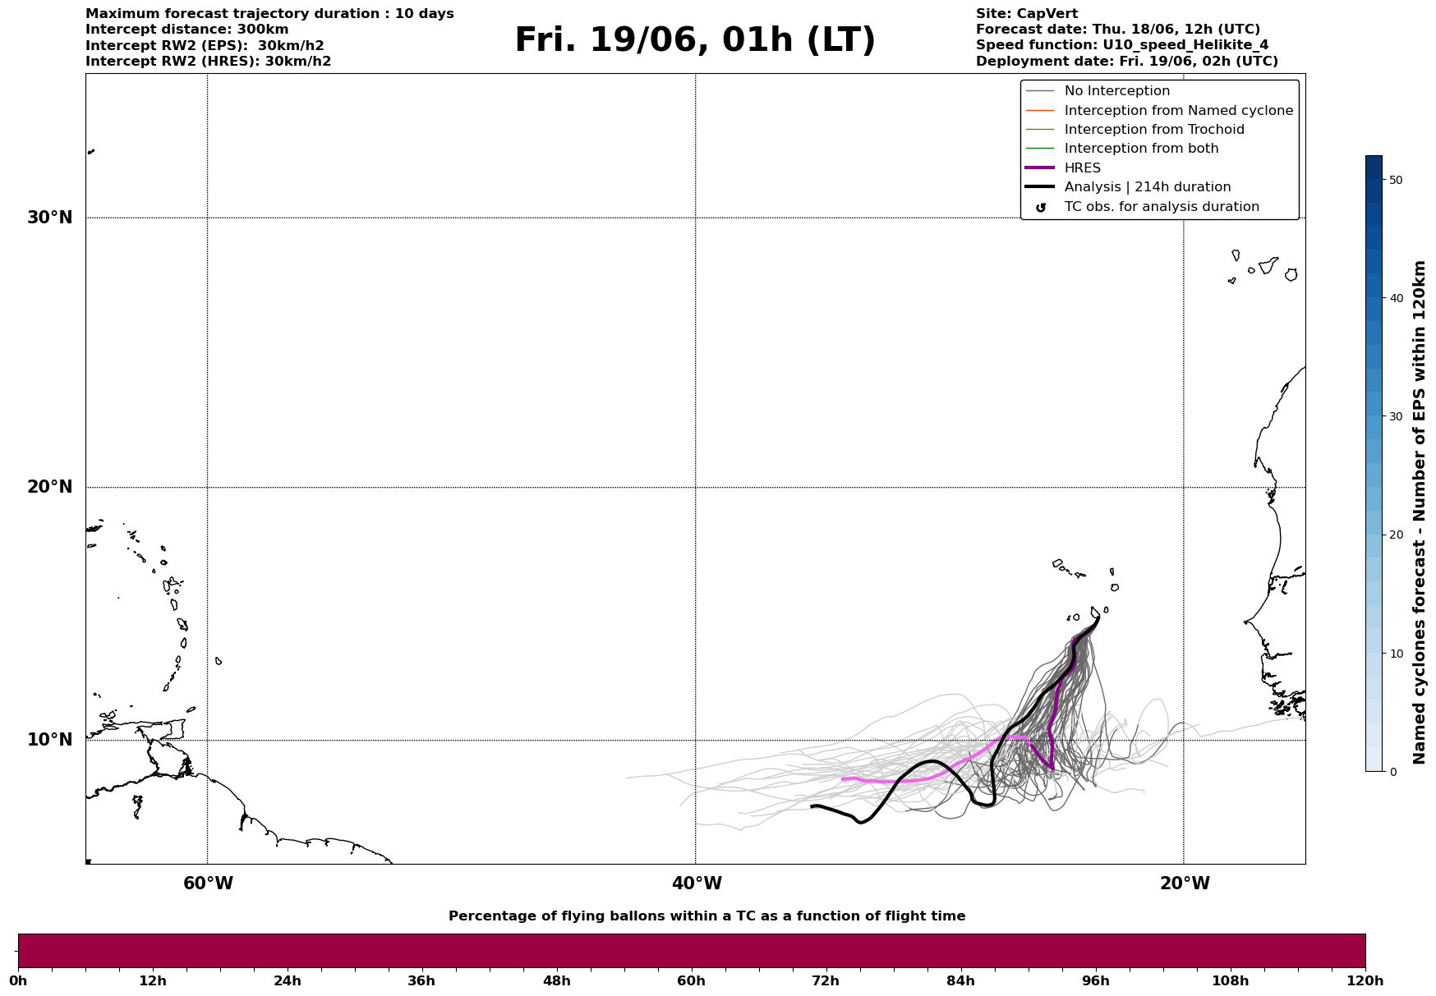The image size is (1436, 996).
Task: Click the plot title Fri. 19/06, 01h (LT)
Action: click(x=695, y=41)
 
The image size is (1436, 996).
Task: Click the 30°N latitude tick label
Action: click(x=50, y=218)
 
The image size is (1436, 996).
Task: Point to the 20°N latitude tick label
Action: click(x=50, y=487)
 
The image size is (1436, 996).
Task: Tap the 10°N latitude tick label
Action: click(x=50, y=740)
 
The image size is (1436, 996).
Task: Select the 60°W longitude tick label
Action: click(x=208, y=884)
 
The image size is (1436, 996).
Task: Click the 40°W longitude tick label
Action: click(x=697, y=884)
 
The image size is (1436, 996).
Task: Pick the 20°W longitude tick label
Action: click(x=1185, y=884)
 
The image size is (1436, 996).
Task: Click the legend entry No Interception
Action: click(x=1117, y=91)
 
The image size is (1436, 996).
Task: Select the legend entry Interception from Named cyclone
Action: click(x=1179, y=111)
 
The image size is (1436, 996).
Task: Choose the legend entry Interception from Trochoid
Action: click(x=1154, y=130)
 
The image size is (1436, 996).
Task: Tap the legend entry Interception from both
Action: click(x=1142, y=149)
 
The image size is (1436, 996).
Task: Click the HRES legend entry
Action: click(x=1083, y=168)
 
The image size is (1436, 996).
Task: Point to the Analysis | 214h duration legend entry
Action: click(x=1148, y=187)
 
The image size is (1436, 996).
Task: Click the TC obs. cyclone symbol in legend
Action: click(x=1041, y=208)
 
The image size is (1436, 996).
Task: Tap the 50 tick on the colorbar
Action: click(x=1394, y=180)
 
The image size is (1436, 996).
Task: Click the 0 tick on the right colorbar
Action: click(x=1392, y=772)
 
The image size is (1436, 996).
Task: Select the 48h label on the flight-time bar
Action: click(x=556, y=981)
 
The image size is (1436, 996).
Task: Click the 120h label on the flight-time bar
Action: click(x=1365, y=981)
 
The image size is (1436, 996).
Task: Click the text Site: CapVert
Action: click(x=1027, y=14)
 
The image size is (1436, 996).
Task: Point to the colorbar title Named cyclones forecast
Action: click(x=1419, y=512)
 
